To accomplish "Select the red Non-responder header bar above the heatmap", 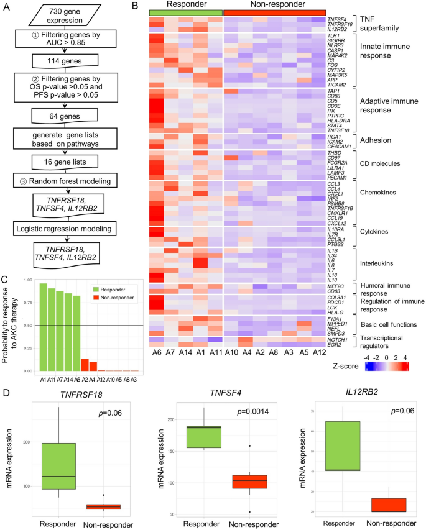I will pos(274,12).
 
